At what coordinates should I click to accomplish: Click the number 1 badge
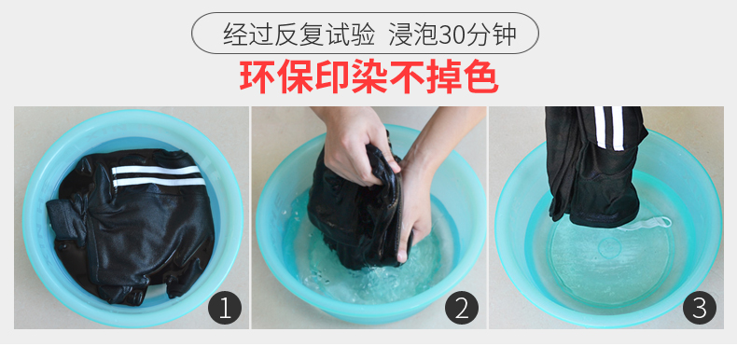[225, 309]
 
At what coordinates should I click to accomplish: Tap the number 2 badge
[462, 309]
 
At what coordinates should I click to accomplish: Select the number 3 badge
[700, 309]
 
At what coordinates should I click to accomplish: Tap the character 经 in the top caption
[235, 34]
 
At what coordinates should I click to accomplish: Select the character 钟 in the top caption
[505, 34]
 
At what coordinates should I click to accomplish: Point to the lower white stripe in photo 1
[160, 182]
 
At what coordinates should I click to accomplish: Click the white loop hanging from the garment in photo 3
[647, 224]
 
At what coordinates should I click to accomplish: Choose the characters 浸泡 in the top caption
[413, 34]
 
